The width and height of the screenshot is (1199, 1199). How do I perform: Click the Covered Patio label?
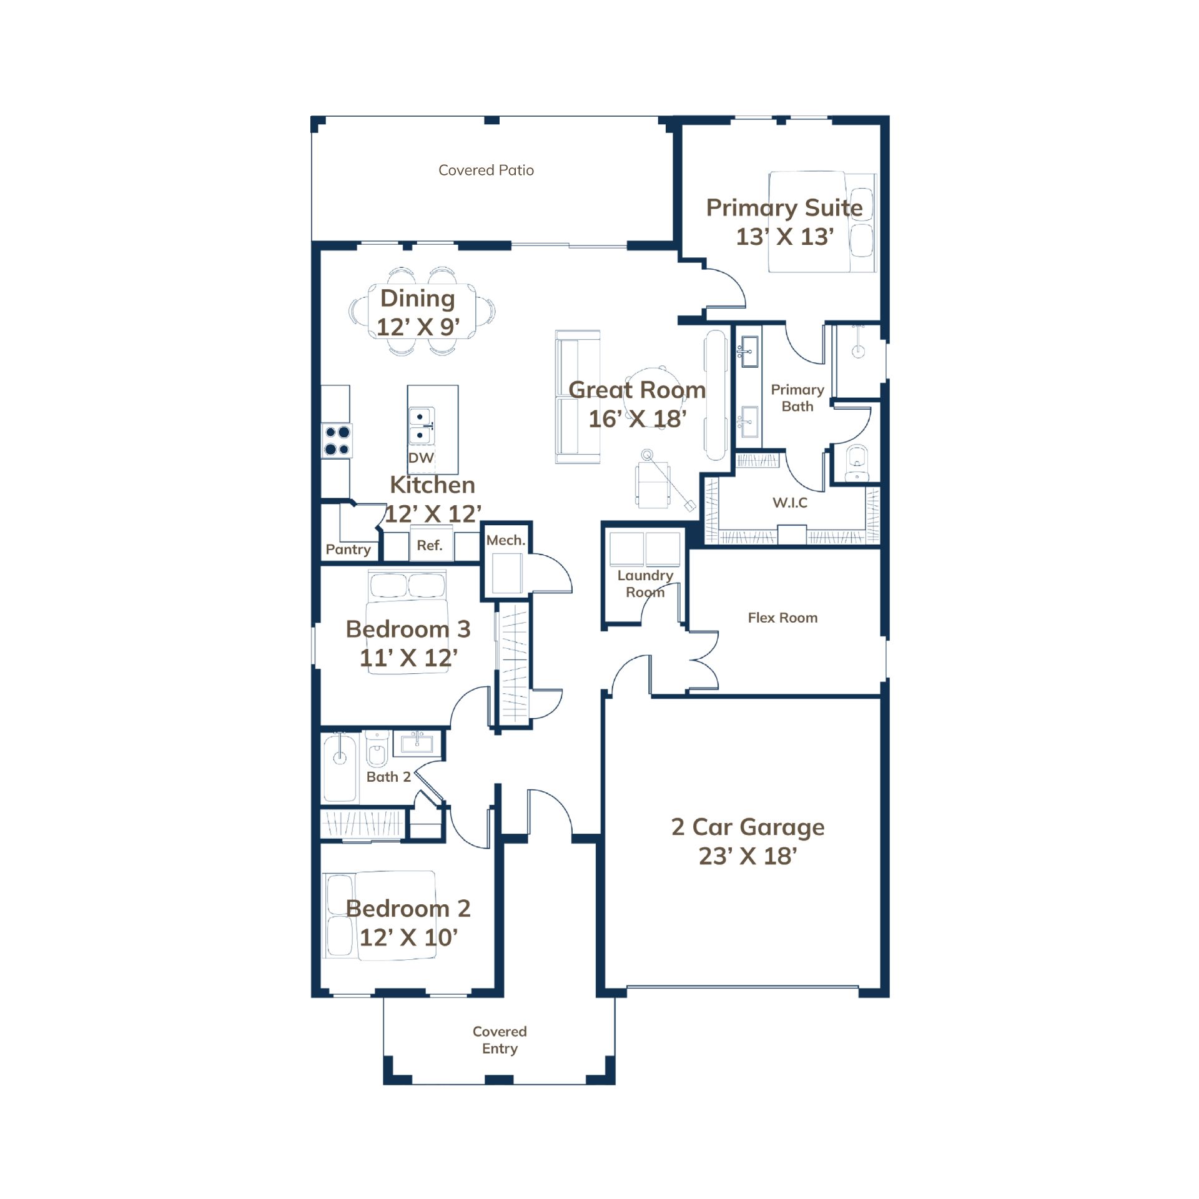pos(486,170)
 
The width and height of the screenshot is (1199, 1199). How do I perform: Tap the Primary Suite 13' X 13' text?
pos(784,222)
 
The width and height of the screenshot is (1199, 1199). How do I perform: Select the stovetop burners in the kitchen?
pos(337,440)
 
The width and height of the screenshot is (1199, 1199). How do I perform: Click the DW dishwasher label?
pos(421,458)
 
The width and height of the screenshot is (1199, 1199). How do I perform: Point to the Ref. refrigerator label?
pos(430,545)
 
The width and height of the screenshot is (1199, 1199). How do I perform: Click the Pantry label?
pos(348,550)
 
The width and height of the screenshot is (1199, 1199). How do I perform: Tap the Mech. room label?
pos(506,540)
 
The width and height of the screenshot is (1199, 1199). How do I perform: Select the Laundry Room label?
pos(645,584)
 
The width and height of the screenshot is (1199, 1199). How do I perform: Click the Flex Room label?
pos(782,618)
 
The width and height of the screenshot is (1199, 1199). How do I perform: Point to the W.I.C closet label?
pos(790,503)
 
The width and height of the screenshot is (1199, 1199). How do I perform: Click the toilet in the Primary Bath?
pos(856,463)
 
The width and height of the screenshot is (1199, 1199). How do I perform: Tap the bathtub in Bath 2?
pos(340,767)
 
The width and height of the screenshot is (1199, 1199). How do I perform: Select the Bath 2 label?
pos(388,777)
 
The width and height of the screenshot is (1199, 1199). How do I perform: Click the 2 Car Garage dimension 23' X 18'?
pos(748,856)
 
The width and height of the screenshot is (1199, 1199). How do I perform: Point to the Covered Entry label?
pos(500,1040)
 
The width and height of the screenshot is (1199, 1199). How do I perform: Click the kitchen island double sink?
pos(422,425)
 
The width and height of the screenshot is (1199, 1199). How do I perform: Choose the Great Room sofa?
pos(578,397)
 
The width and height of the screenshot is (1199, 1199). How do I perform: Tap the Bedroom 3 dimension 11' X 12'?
pos(408,658)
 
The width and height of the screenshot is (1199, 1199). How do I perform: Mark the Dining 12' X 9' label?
pos(418,312)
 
